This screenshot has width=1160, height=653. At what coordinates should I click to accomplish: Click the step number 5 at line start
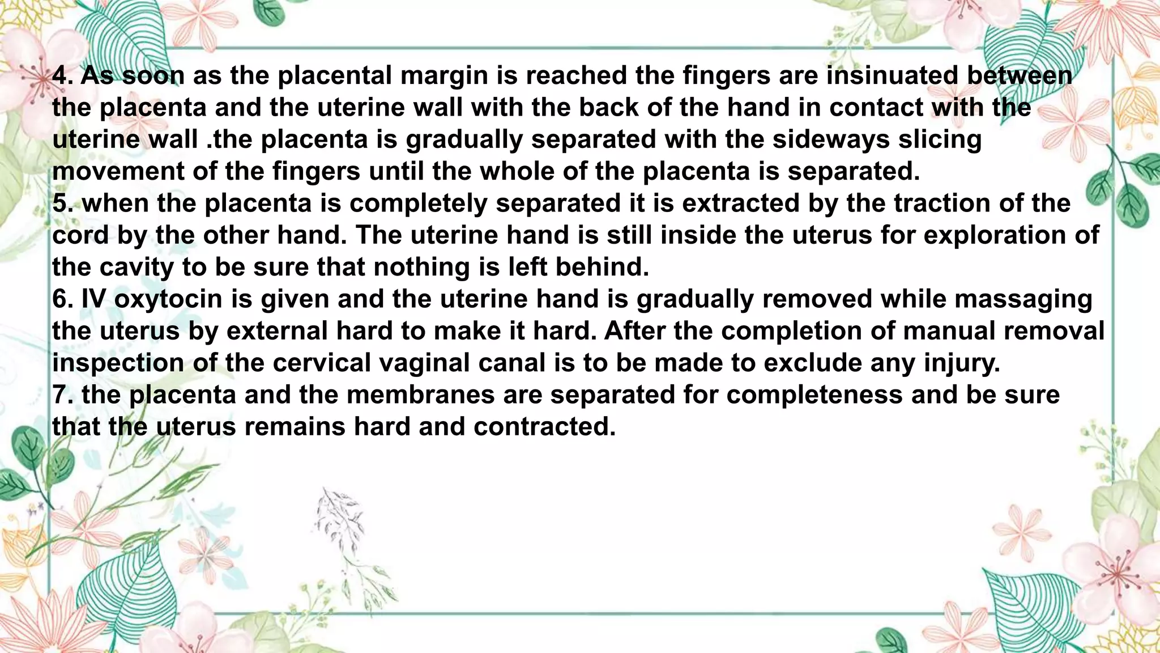(x=59, y=203)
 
